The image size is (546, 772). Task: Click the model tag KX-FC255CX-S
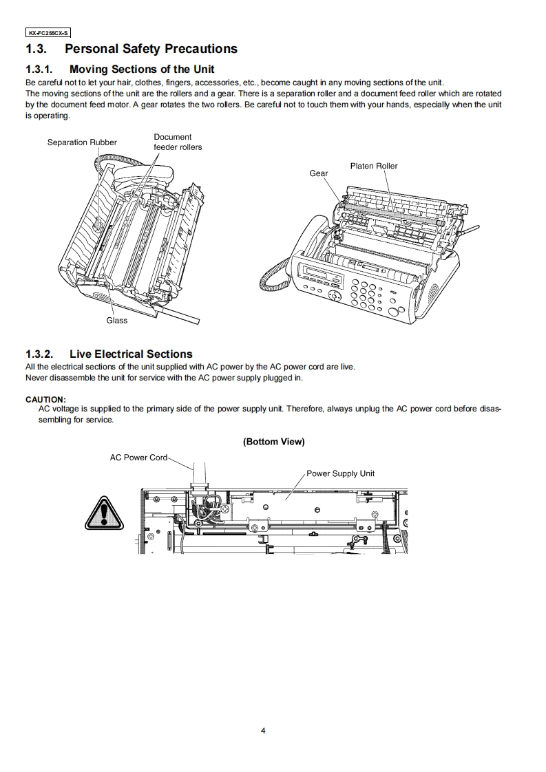[x=48, y=32]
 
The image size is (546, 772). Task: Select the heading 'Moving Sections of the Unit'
[x=142, y=69]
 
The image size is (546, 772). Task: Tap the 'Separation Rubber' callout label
[x=82, y=142]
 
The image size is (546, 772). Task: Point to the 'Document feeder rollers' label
[x=177, y=142]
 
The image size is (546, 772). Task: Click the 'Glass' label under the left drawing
[x=116, y=321]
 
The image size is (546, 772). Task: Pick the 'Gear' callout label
[x=319, y=173]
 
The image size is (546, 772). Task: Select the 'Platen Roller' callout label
[x=374, y=166]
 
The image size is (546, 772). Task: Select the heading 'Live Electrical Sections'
[x=131, y=354]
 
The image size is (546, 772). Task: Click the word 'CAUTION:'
[x=45, y=399]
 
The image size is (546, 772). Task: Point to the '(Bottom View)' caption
[x=273, y=442]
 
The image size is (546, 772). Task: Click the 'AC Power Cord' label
[x=138, y=458]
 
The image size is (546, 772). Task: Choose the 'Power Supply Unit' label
[x=340, y=473]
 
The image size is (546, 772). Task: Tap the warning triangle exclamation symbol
[x=103, y=513]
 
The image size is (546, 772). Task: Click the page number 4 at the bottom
[x=262, y=731]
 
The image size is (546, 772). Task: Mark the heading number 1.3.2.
[x=39, y=354]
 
